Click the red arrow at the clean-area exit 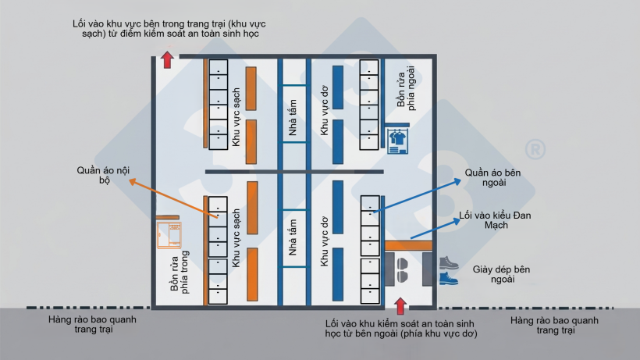coord(167,60)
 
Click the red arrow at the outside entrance coord(400,305)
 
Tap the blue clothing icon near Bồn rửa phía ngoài coord(397,141)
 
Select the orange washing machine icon coord(169,235)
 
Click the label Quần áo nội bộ coord(103,175)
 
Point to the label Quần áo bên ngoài coord(493,177)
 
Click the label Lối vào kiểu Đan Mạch coord(495,220)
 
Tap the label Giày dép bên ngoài coord(502,274)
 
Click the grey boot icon coord(449,262)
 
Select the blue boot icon coord(449,278)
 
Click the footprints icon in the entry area coord(403,269)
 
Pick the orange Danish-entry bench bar coord(408,245)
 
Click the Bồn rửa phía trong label coord(180,272)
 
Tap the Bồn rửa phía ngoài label coord(406,87)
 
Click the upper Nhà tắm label coord(293,117)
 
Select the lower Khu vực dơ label coord(325,241)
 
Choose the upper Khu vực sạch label coord(236,117)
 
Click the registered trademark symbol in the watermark coord(535,150)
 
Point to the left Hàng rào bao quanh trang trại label coord(93,325)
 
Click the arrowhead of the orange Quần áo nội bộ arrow coord(132,182)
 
